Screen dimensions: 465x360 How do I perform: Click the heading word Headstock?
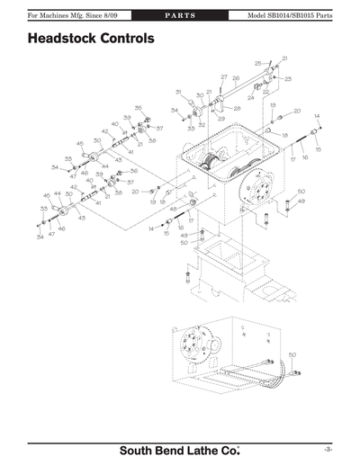67,40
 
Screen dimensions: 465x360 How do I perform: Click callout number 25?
257,64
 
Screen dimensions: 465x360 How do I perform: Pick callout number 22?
266,92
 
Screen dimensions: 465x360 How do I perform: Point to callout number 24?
252,96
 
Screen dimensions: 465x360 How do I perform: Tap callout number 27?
224,77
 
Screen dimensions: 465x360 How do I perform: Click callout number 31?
179,92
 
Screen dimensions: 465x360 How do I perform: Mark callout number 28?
238,109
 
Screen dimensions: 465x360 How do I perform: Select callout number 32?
202,125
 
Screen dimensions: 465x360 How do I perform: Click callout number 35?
139,107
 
